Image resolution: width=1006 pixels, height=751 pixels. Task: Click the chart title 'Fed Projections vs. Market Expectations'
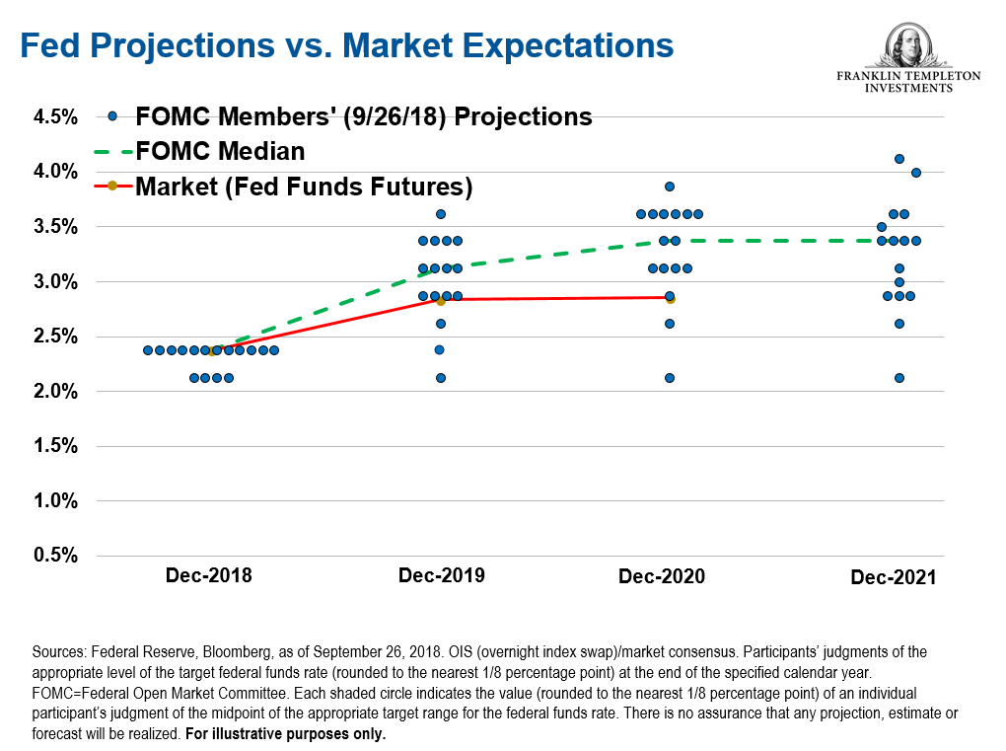[347, 45]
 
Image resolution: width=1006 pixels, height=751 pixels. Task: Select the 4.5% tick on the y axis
[55, 117]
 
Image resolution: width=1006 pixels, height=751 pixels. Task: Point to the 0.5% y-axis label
[55, 556]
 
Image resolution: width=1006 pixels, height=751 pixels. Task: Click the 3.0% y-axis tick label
[55, 282]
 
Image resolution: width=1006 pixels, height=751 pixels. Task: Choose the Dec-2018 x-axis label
[208, 575]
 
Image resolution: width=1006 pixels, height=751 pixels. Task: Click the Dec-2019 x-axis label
[441, 575]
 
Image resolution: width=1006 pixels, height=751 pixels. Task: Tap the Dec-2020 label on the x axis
[662, 576]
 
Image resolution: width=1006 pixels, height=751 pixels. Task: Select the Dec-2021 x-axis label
[894, 577]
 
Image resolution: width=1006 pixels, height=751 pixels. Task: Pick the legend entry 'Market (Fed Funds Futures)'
[304, 186]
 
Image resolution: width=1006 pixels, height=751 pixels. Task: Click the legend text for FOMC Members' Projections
[364, 116]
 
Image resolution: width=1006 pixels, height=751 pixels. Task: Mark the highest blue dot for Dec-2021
[898, 159]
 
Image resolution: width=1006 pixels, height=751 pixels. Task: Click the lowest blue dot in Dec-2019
[441, 378]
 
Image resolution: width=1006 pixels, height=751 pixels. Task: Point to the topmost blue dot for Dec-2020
[670, 187]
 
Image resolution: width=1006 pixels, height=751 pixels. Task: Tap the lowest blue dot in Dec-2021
[898, 378]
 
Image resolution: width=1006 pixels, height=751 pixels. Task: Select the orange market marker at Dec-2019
[441, 301]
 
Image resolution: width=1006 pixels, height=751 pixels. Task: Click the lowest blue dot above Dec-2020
[670, 378]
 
